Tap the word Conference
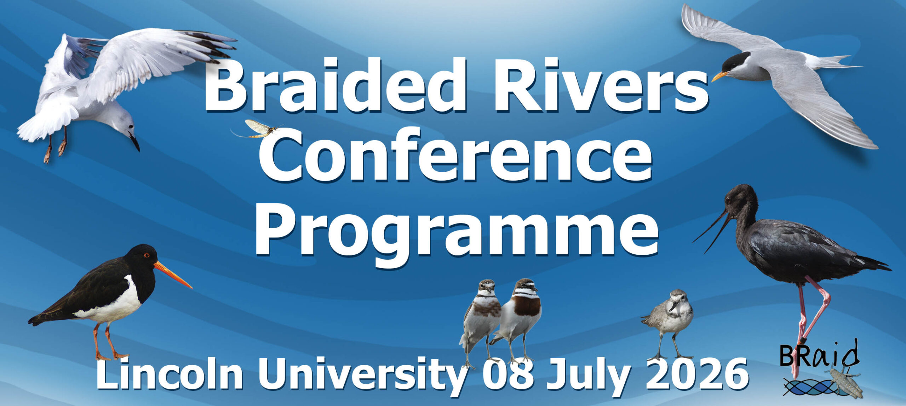[455, 156]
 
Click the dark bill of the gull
[134, 142]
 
